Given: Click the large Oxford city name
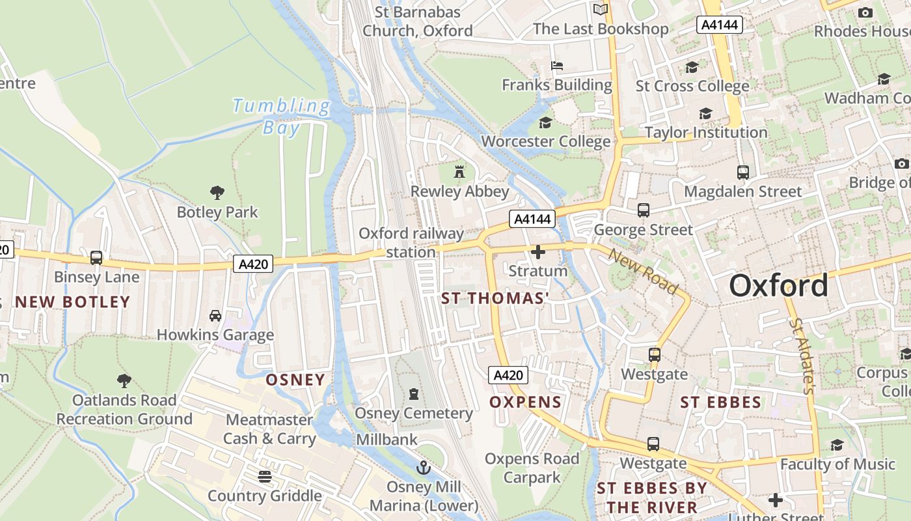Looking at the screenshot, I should pyautogui.click(x=778, y=285).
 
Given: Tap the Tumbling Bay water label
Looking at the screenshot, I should pyautogui.click(x=282, y=115).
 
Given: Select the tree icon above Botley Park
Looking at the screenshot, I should pyautogui.click(x=217, y=193).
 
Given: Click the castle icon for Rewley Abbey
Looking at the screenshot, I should pyautogui.click(x=459, y=172).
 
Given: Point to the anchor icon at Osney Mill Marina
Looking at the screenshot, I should pyautogui.click(x=424, y=468).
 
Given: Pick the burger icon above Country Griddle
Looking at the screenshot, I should pyautogui.click(x=264, y=477).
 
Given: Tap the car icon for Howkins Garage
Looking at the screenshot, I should pyautogui.click(x=215, y=316).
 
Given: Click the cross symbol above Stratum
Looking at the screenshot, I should pyautogui.click(x=538, y=252).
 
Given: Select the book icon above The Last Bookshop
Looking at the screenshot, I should pyautogui.click(x=601, y=9).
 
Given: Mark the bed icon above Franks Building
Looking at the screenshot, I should pyautogui.click(x=557, y=66).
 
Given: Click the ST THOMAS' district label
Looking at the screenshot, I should pyautogui.click(x=495, y=298).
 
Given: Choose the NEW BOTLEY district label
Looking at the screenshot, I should pyautogui.click(x=73, y=302).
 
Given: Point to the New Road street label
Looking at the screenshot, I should pyautogui.click(x=643, y=270).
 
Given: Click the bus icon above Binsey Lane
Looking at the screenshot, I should pyautogui.click(x=96, y=258).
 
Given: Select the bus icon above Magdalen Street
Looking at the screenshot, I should pyautogui.click(x=742, y=173).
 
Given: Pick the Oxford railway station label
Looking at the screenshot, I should pyautogui.click(x=411, y=242).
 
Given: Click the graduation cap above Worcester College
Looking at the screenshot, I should pyautogui.click(x=545, y=122).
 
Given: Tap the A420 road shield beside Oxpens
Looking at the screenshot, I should pyautogui.click(x=508, y=375).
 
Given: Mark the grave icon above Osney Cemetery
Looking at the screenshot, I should pyautogui.click(x=413, y=394).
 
